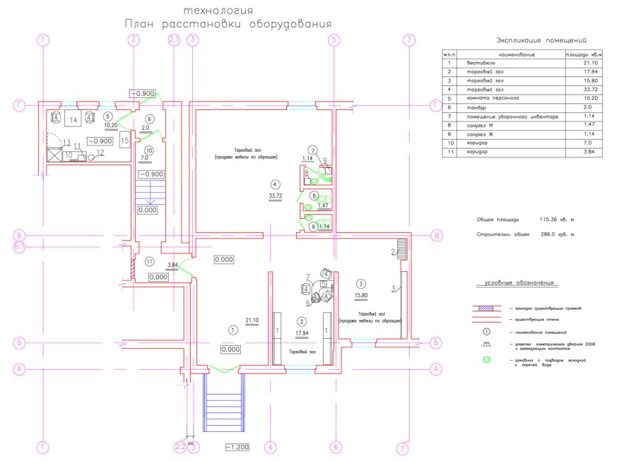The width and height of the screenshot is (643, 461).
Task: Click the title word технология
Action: [217, 11]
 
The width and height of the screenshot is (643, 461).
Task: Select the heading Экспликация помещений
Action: [542, 40]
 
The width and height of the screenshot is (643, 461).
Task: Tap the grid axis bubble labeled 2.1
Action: [175, 40]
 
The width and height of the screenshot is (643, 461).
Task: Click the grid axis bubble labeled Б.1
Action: [19, 246]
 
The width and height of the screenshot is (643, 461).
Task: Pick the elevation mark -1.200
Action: [237, 448]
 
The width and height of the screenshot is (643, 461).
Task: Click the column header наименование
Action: [517, 54]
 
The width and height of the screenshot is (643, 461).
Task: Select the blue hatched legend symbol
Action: [487, 309]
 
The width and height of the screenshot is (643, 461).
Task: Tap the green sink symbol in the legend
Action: [486, 361]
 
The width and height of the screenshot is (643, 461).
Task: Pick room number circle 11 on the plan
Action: [149, 261]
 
